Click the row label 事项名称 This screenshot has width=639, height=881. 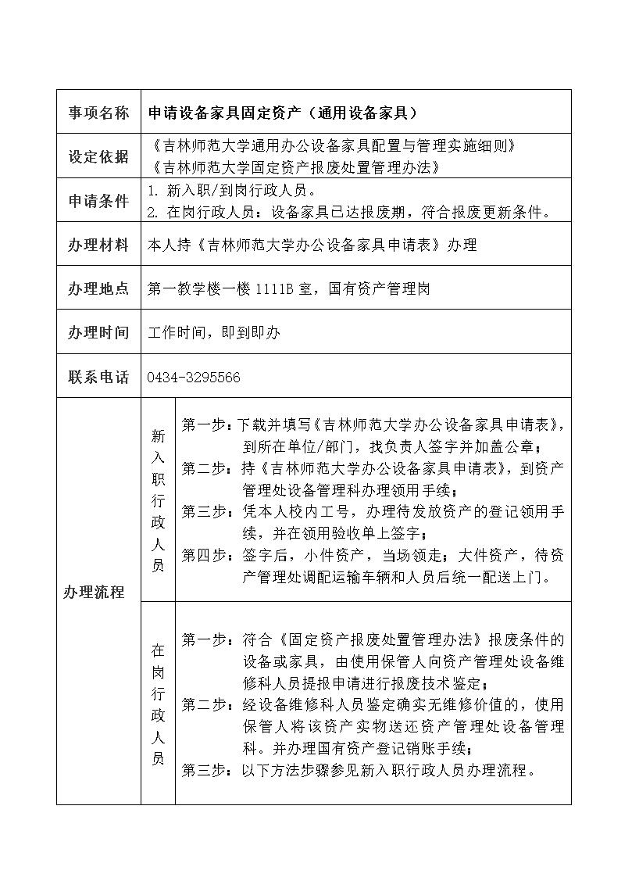tap(98, 113)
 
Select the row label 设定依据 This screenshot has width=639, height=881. tap(98, 156)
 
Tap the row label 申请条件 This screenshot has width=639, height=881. tap(98, 201)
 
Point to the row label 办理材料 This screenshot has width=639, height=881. tap(98, 245)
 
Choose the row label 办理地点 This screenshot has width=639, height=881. tap(98, 288)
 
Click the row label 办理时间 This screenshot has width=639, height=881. tap(98, 332)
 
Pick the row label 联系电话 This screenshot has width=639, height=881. tap(98, 377)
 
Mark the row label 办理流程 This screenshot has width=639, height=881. tap(94, 592)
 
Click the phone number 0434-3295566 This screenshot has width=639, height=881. tap(194, 378)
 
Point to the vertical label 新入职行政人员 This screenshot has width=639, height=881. tap(158, 500)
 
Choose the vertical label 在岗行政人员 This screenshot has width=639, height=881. tap(158, 704)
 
